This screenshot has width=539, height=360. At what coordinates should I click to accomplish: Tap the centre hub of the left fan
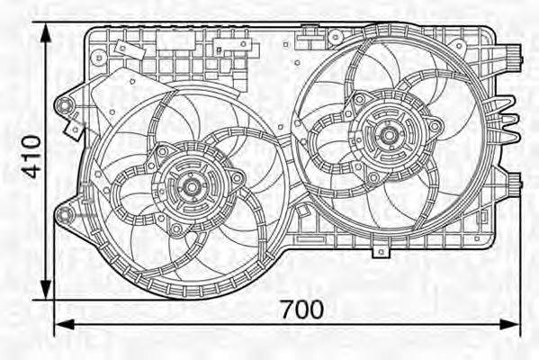point(191,188)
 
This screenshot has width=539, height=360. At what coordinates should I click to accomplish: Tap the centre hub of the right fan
point(389,137)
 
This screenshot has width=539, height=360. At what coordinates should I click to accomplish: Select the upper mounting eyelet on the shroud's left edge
point(63,107)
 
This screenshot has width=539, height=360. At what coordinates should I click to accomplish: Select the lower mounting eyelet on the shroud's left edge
point(63,214)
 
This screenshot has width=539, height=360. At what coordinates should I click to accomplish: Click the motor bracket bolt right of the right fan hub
point(436,126)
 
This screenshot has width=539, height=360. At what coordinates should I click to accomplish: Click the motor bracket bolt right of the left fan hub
point(237,177)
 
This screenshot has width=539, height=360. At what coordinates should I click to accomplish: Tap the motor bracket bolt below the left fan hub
point(177,230)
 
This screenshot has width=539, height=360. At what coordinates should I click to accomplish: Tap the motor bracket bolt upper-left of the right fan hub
point(359,99)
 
